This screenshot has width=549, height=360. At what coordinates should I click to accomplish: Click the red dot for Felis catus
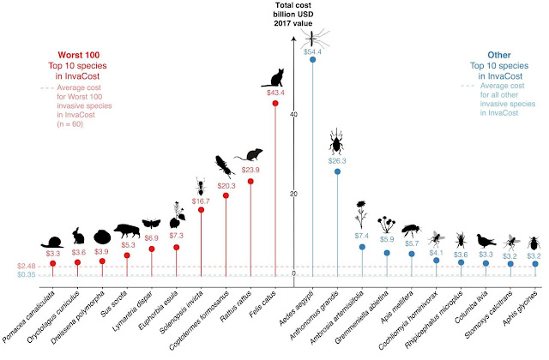click(x=275, y=103)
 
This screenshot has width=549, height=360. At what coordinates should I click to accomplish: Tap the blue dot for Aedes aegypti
click(x=312, y=59)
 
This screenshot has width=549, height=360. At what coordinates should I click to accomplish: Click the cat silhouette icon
click(x=275, y=78)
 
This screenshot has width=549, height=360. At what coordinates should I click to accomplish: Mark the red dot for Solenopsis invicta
click(x=202, y=210)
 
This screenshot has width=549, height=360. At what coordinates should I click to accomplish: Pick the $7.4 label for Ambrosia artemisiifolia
click(x=362, y=235)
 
